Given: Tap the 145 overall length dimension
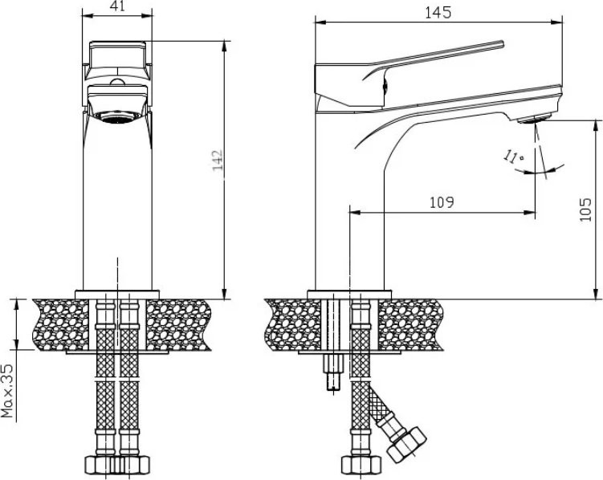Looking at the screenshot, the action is [x=438, y=13].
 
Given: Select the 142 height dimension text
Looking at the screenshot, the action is [x=218, y=161].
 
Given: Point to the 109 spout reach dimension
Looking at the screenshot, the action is [x=442, y=202].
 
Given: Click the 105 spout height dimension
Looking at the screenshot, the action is [x=585, y=209].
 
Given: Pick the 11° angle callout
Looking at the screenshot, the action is [x=513, y=157].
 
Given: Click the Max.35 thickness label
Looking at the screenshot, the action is [x=7, y=391].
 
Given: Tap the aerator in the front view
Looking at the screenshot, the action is [x=118, y=117].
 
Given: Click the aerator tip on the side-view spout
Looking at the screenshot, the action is [x=534, y=119].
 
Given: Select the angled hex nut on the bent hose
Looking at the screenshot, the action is [x=406, y=445].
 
